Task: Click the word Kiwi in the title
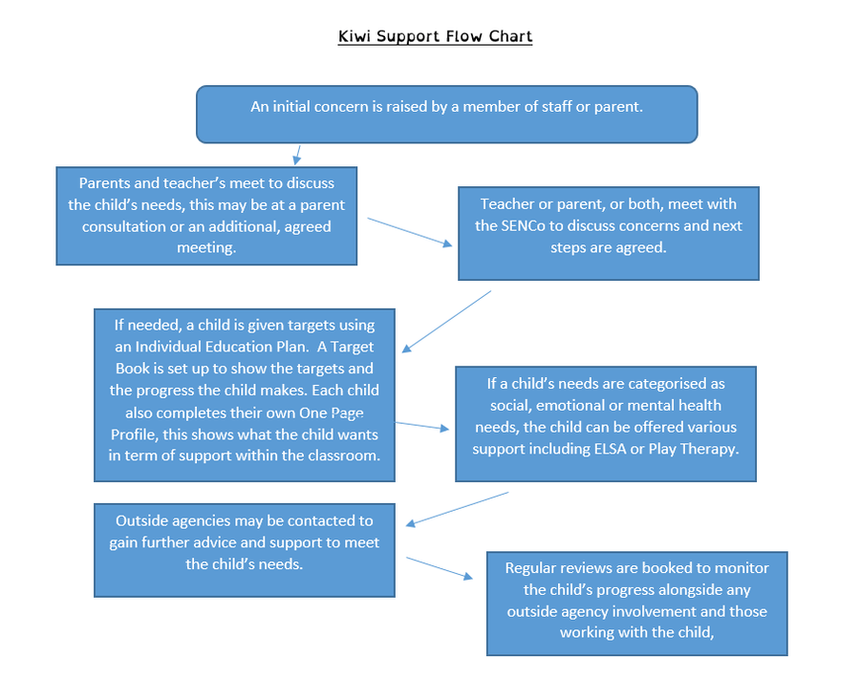click(x=354, y=36)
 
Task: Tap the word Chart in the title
click(x=510, y=36)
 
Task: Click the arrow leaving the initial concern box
click(x=297, y=155)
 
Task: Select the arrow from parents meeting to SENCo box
click(x=410, y=232)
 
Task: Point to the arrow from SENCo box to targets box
click(x=446, y=322)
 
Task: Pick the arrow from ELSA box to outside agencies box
click(x=458, y=509)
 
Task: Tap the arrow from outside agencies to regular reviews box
click(x=440, y=568)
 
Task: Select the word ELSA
click(x=610, y=449)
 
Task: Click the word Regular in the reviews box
click(x=529, y=568)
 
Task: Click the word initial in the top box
click(x=293, y=106)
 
